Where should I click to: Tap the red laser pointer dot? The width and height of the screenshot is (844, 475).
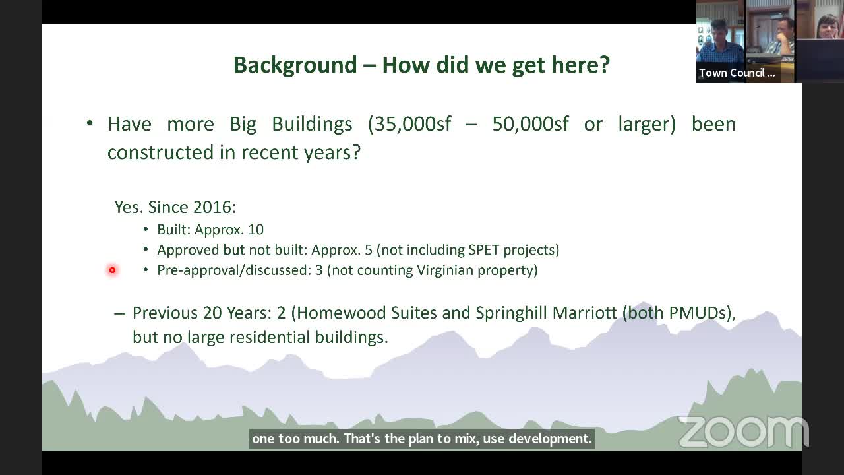point(112,270)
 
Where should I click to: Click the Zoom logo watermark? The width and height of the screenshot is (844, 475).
point(743,431)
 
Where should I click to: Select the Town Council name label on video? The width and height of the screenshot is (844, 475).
point(737,73)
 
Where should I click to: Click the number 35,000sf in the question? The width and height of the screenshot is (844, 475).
point(409,124)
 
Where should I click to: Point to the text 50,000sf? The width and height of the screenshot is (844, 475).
point(530,124)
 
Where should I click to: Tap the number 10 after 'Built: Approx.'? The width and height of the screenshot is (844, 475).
point(256,230)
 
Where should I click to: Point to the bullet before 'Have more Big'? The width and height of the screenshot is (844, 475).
point(90,124)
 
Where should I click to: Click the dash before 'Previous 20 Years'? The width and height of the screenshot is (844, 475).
point(119,313)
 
